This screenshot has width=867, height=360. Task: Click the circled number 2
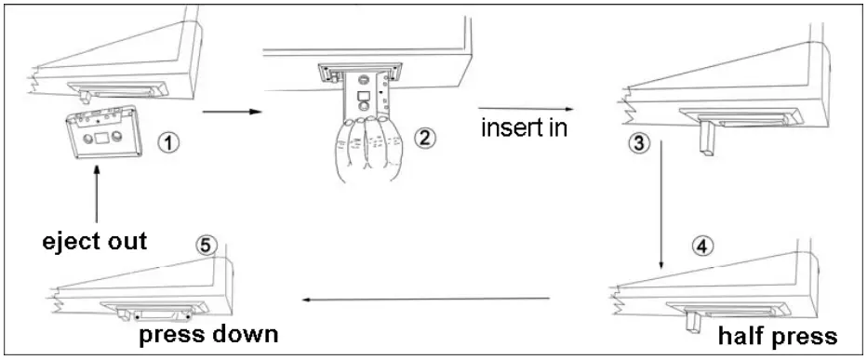coord(424,139)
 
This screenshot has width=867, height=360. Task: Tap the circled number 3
coord(637,146)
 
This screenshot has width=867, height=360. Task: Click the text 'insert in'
coord(524,127)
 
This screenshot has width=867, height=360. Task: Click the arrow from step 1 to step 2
coord(223,113)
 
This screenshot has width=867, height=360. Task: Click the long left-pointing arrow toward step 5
coord(427,299)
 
